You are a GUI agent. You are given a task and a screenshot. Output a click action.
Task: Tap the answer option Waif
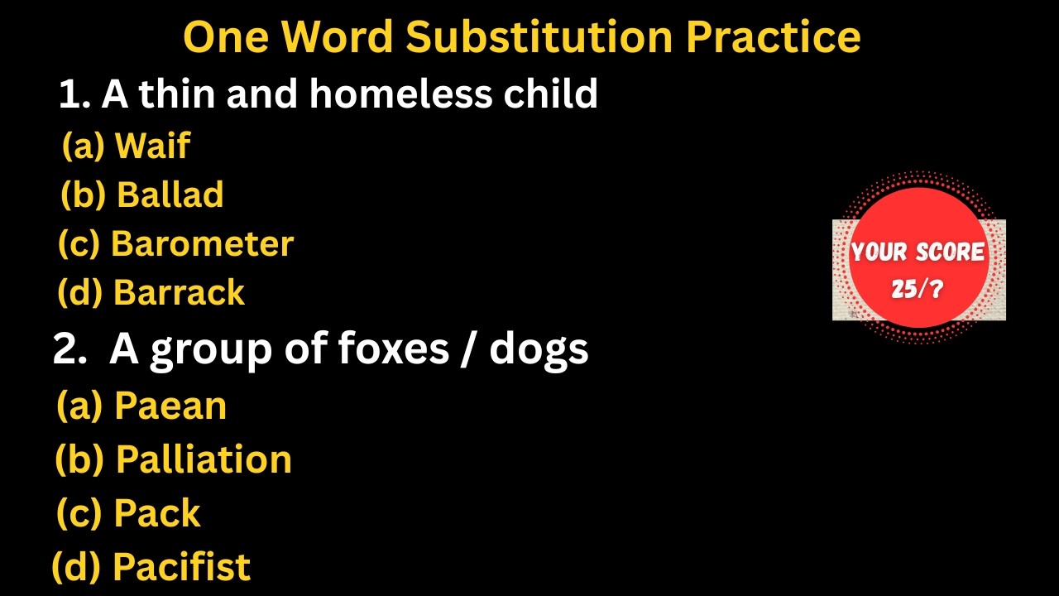(152, 146)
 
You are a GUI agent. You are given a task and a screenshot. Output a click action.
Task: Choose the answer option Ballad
(170, 195)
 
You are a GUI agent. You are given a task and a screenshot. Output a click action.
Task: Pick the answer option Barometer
(202, 243)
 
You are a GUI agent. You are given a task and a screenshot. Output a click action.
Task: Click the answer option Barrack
(179, 292)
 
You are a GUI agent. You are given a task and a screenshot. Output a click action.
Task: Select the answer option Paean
(170, 406)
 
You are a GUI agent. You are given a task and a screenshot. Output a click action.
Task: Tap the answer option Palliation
(204, 459)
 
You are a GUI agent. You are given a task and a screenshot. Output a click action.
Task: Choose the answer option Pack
(157, 513)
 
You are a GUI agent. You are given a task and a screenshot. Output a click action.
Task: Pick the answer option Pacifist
(181, 567)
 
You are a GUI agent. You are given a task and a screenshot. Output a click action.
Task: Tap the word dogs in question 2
(539, 348)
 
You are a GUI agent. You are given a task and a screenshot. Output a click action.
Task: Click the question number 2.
(65, 349)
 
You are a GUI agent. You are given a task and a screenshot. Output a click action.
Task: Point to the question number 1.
(73, 95)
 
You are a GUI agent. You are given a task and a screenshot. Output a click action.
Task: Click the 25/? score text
(918, 289)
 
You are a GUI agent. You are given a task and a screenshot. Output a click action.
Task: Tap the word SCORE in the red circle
(951, 252)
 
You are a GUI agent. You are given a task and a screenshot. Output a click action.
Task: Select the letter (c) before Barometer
(79, 243)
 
